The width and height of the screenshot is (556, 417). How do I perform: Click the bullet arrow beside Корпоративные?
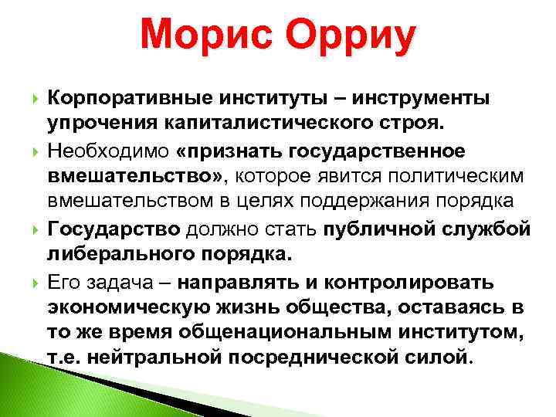tap(32, 99)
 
